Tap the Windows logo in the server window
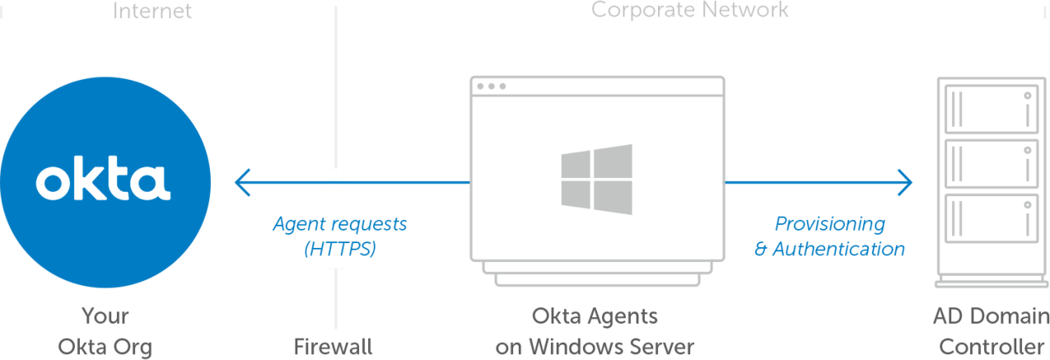(596, 180)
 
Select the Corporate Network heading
(690, 10)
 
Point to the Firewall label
(333, 347)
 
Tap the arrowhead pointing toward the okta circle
(240, 181)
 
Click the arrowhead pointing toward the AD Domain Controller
(906, 180)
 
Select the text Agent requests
(339, 223)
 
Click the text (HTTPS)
(339, 249)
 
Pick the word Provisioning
(830, 223)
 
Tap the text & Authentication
(830, 249)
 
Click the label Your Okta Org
(105, 331)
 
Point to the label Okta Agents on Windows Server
(595, 331)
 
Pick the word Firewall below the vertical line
(333, 347)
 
